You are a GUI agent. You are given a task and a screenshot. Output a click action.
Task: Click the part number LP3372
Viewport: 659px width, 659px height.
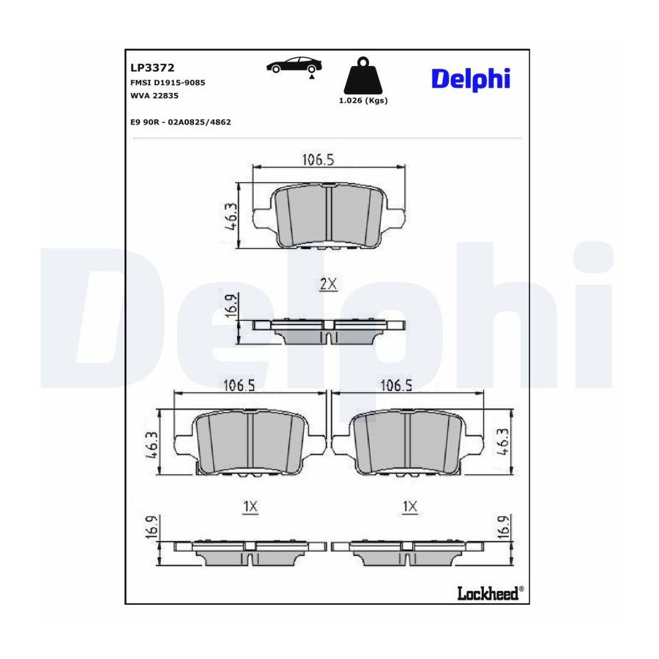click(x=152, y=67)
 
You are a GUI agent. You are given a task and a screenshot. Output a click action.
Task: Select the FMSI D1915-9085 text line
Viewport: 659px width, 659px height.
click(x=168, y=83)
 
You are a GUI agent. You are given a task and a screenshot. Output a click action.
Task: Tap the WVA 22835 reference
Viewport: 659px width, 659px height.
click(x=154, y=96)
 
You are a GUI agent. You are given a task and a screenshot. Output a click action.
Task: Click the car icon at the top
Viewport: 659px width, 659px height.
click(x=294, y=66)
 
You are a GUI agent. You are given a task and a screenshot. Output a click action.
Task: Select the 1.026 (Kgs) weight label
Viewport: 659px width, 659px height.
click(x=363, y=100)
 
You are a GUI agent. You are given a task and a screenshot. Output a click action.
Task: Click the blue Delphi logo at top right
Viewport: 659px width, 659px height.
click(x=471, y=79)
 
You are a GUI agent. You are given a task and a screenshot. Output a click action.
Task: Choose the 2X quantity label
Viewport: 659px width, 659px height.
click(x=328, y=285)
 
